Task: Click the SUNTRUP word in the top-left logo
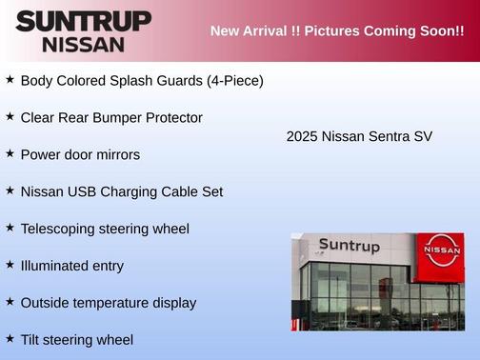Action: tap(83, 21)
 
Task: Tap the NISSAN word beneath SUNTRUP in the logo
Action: tap(83, 44)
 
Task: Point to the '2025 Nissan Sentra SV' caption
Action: tap(359, 136)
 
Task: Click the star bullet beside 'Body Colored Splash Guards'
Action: tap(10, 80)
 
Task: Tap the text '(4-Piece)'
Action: tap(234, 81)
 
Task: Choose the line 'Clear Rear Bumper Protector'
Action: tap(111, 118)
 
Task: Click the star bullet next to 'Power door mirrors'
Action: tap(10, 153)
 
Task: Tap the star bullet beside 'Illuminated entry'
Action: tap(10, 265)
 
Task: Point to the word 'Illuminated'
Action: tap(56, 266)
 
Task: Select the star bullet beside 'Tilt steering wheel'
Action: tap(10, 338)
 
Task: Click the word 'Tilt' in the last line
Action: tap(32, 339)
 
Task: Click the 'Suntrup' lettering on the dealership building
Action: tap(349, 246)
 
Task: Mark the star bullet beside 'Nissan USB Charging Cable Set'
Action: tap(10, 190)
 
